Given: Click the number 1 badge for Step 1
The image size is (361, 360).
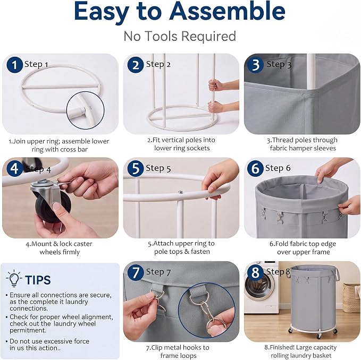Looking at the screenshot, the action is tap(15, 65).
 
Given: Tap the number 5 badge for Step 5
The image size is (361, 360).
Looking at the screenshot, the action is tap(136, 168).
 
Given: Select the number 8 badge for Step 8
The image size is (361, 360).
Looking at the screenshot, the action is tap(255, 273).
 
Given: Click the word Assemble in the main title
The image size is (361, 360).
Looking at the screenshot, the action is tap(227, 11).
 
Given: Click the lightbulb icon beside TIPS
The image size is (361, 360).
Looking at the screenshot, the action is tap(14, 279).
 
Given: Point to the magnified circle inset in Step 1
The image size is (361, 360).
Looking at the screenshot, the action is tap(86, 110).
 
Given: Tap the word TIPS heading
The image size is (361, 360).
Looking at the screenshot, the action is tap(38, 280).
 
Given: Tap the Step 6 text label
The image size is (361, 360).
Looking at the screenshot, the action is tap(278, 168).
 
